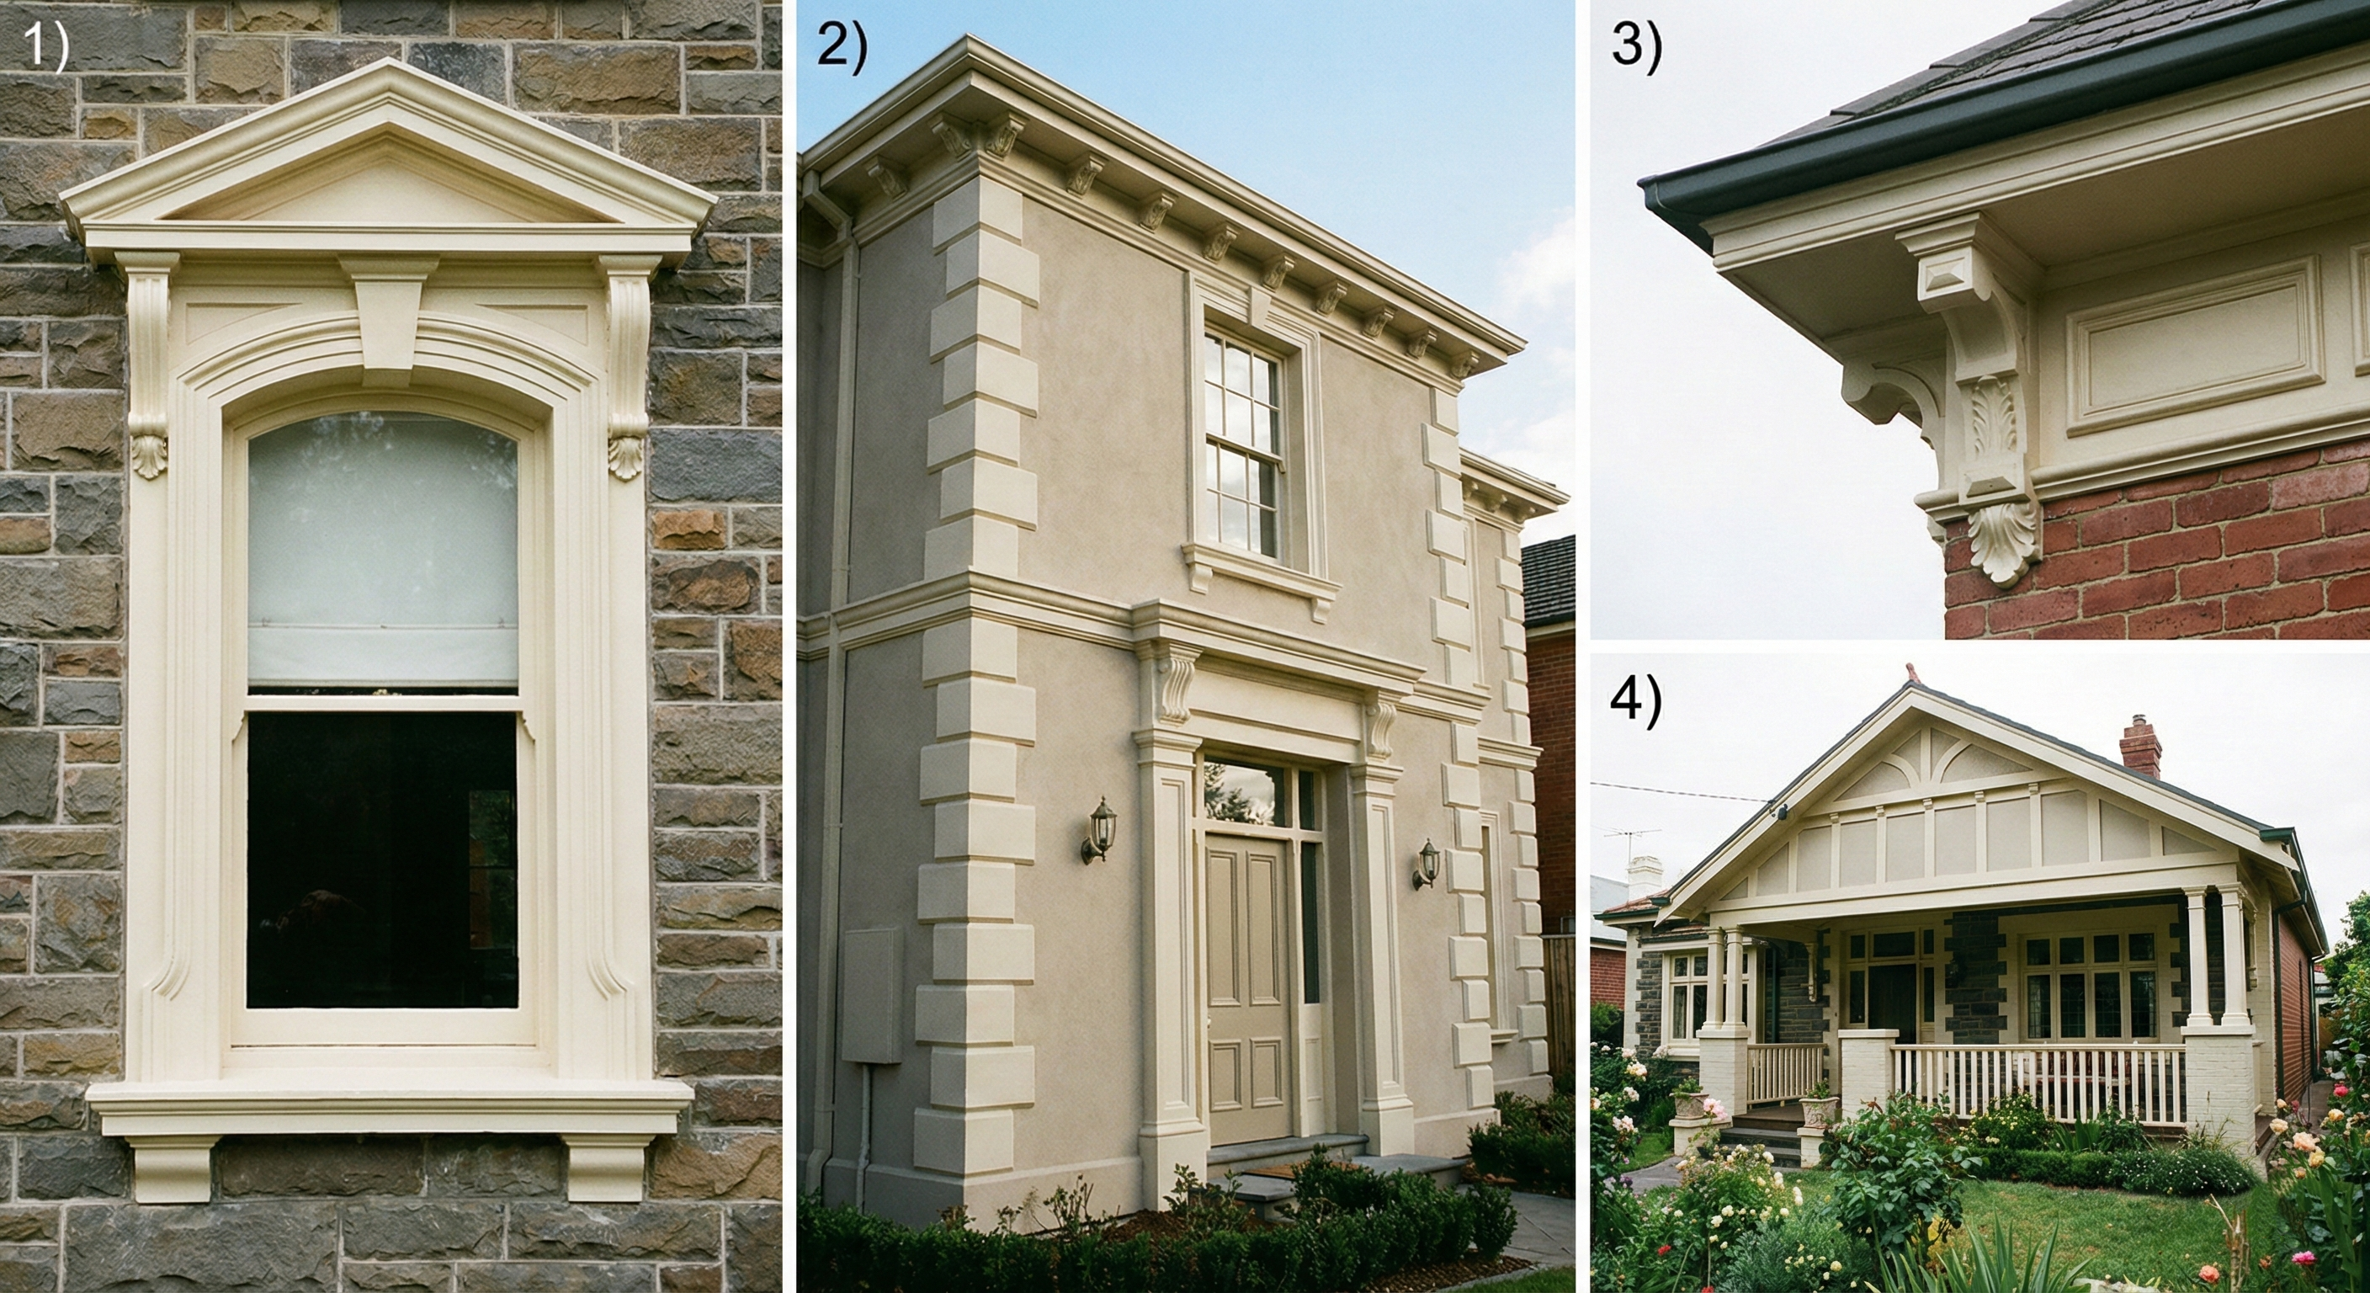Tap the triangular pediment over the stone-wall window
388,161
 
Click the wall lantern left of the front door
1099,830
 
